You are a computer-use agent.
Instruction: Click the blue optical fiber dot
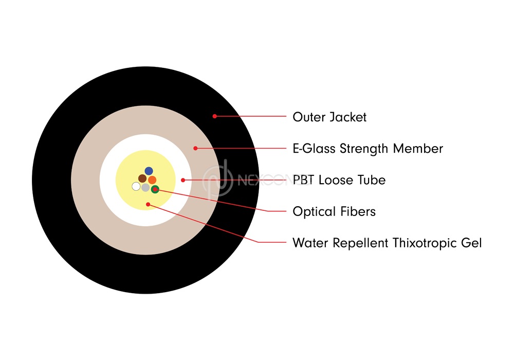(149, 171)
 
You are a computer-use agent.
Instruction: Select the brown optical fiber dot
(142, 178)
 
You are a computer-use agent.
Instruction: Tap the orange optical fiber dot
(152, 180)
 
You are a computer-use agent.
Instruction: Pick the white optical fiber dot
(136, 187)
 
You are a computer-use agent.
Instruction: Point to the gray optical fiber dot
(145, 188)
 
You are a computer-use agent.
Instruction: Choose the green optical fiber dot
(155, 189)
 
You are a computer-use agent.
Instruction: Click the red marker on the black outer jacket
(214, 116)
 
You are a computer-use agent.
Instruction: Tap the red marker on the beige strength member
(195, 148)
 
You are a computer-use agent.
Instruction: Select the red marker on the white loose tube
(183, 180)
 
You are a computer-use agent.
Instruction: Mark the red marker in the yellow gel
(148, 204)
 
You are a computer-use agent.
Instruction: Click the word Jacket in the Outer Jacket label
(348, 117)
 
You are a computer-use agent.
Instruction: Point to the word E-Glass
(314, 149)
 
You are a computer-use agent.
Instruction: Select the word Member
(418, 149)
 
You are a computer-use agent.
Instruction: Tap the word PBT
(304, 180)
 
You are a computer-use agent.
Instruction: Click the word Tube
(372, 180)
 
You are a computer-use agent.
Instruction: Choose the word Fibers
(358, 211)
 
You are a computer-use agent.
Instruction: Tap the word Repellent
(361, 243)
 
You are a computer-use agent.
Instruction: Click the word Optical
(315, 211)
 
